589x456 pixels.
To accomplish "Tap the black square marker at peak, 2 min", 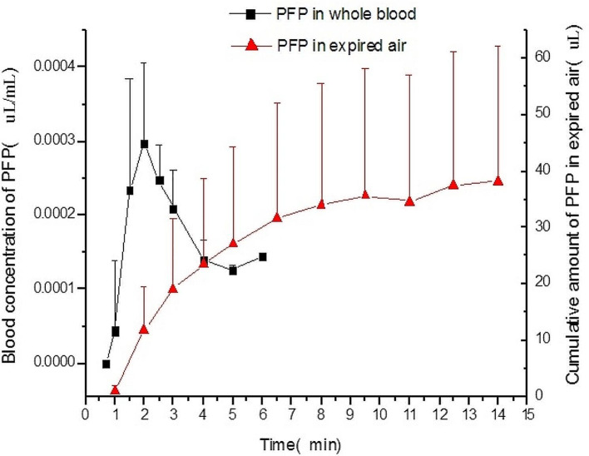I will (x=144, y=144).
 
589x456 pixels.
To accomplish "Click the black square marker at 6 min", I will (x=262, y=257).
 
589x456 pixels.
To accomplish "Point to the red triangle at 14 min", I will (x=497, y=181).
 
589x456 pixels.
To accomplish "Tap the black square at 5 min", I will (x=233, y=270).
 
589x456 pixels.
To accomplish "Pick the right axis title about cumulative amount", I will (x=572, y=213).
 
